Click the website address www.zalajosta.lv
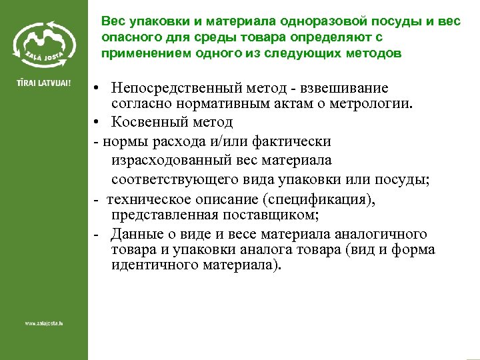tap(43, 323)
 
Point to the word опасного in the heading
tap(129, 37)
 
